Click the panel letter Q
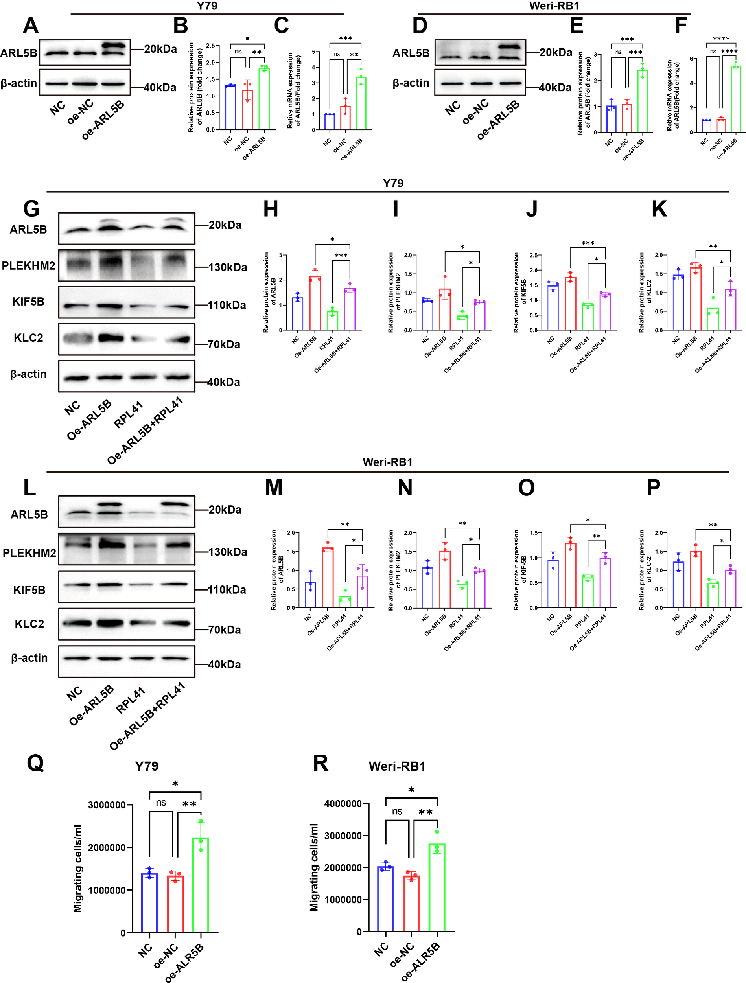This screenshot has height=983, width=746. pyautogui.click(x=35, y=763)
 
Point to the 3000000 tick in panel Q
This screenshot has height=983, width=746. pyautogui.click(x=107, y=805)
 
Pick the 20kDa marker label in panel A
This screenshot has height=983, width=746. pyautogui.click(x=160, y=49)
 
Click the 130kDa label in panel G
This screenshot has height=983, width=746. pyautogui.click(x=228, y=267)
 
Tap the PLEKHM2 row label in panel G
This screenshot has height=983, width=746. pyautogui.click(x=28, y=266)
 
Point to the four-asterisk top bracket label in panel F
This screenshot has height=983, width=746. pyautogui.click(x=721, y=39)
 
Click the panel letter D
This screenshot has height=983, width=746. pyautogui.click(x=420, y=25)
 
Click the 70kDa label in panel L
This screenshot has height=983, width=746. pyautogui.click(x=225, y=630)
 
